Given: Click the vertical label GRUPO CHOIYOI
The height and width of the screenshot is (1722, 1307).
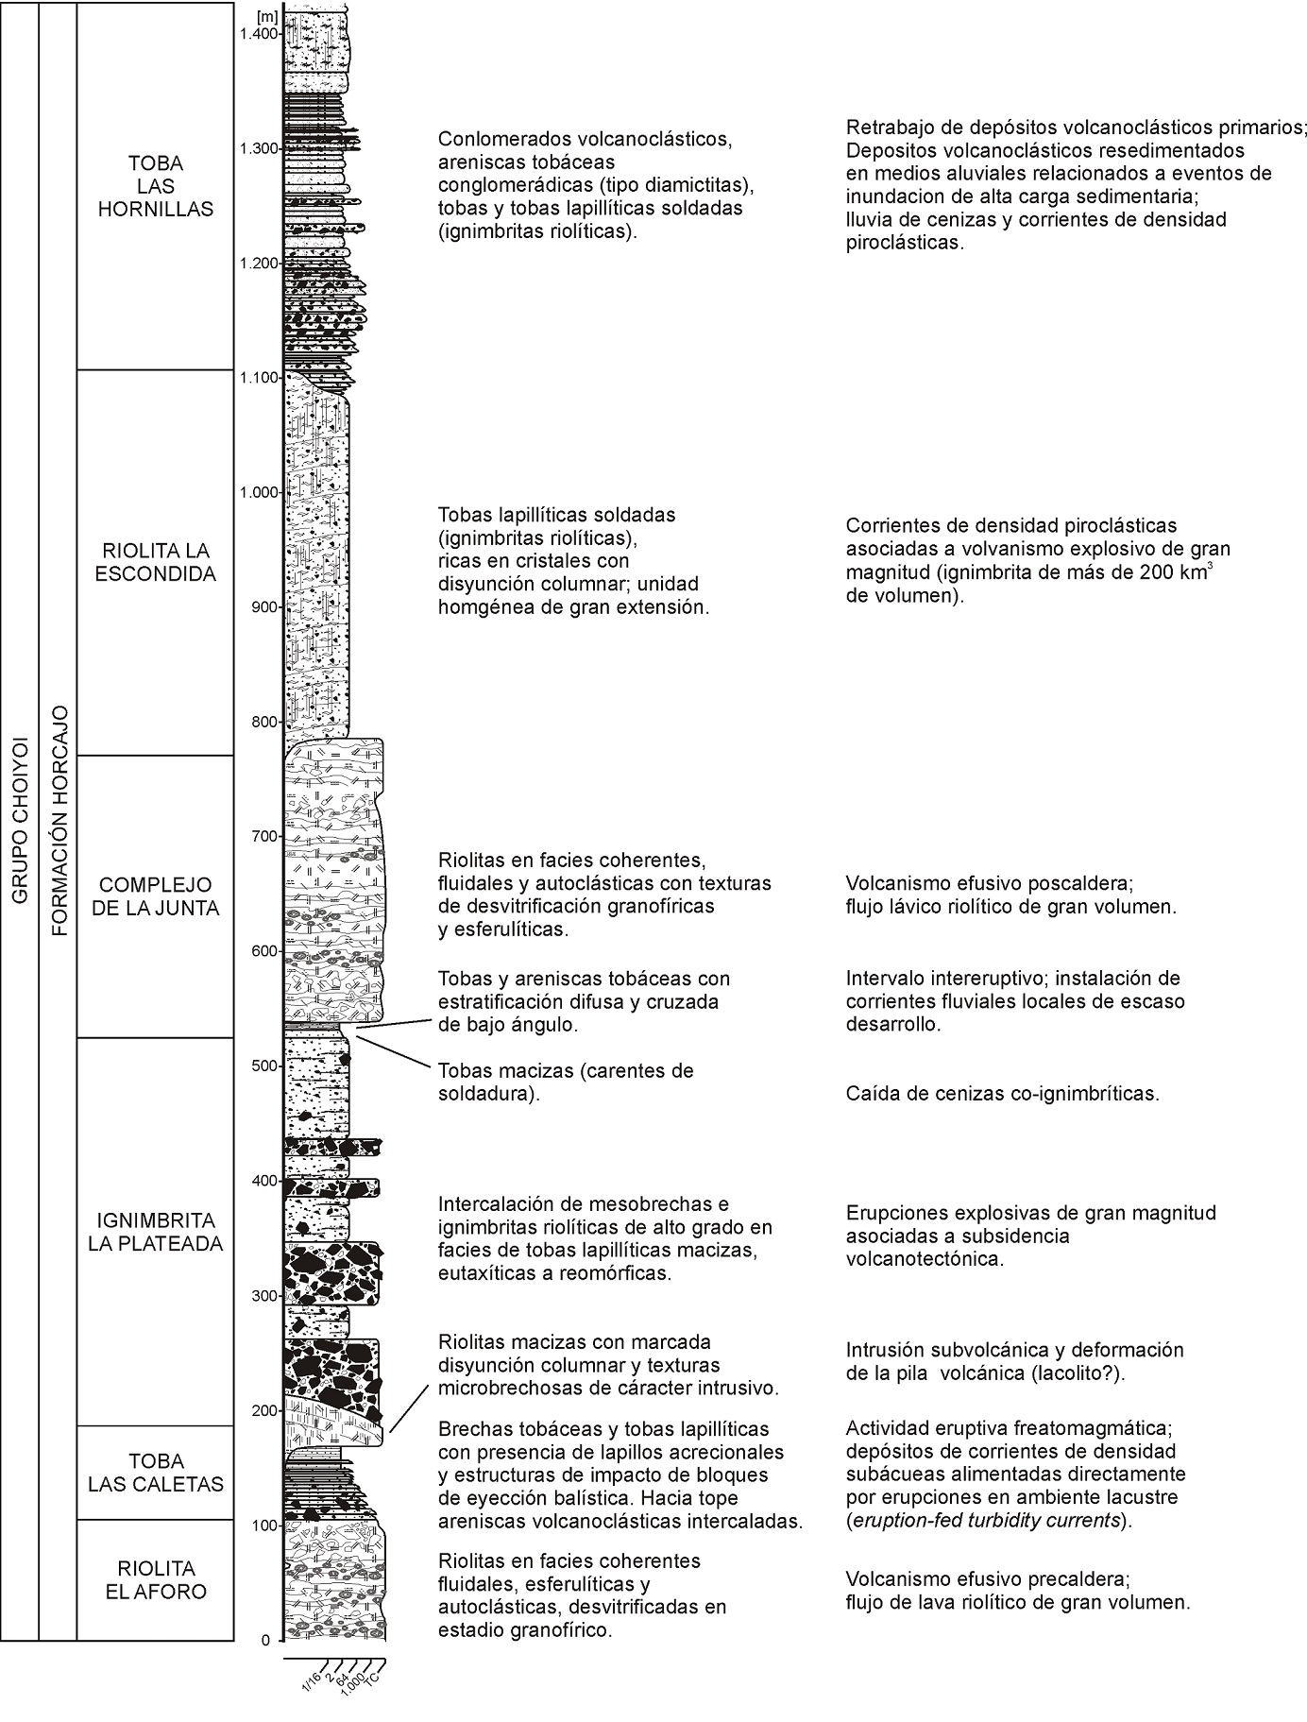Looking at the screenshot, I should point(19,820).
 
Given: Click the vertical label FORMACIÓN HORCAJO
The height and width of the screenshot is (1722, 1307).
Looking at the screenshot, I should point(59,820).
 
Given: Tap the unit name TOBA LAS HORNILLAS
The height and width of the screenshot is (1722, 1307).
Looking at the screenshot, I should point(156,186).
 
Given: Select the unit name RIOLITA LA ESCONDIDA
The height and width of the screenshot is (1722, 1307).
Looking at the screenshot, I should point(156,562).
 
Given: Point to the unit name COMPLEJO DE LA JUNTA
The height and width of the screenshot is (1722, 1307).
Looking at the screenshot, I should point(156,896).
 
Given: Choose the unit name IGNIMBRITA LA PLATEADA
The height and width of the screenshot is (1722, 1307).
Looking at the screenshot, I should point(156,1232).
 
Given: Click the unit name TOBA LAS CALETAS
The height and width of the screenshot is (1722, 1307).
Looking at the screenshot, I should point(156,1472).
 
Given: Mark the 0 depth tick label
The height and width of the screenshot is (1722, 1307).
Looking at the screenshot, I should point(265,1641).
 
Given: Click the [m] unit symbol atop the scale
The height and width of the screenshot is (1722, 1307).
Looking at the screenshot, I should point(265,16).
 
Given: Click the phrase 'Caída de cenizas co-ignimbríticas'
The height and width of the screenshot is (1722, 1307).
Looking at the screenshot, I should point(1002,1094).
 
